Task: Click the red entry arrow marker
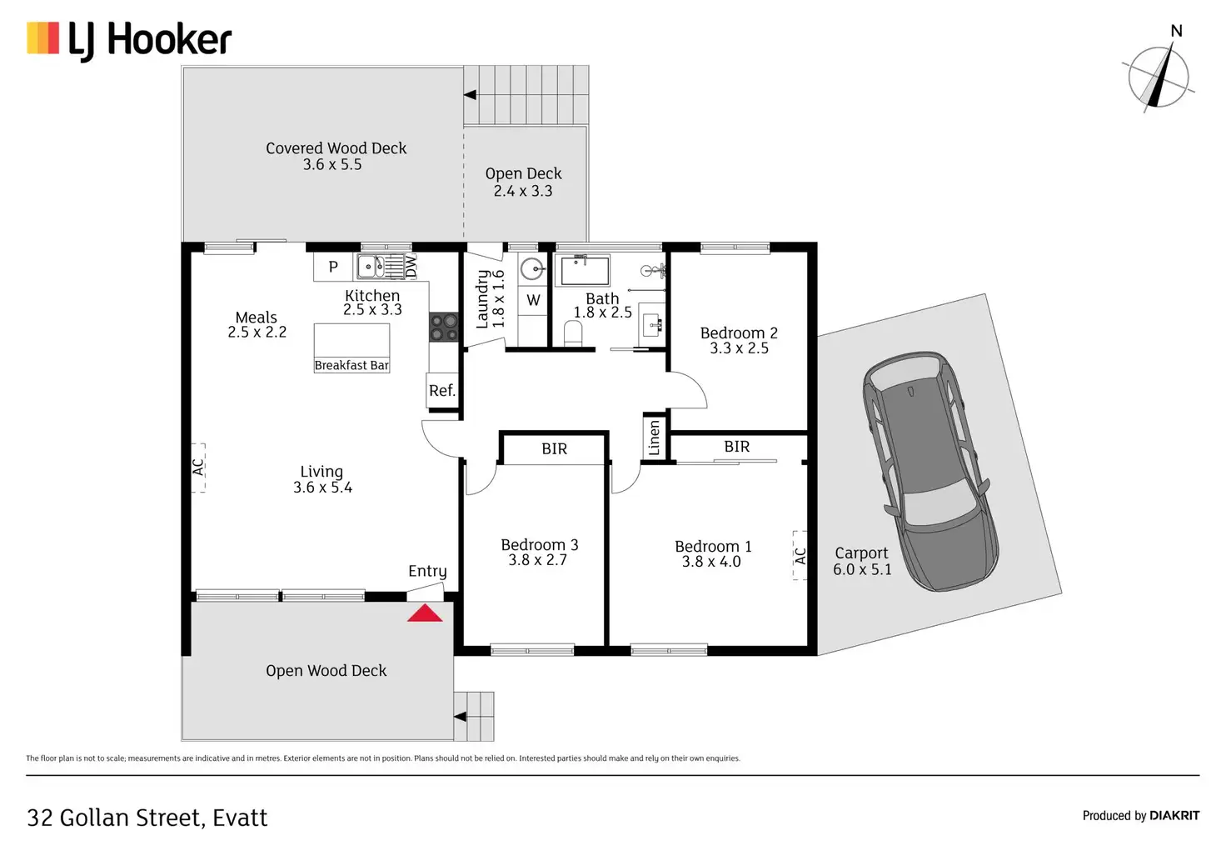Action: [x=425, y=613]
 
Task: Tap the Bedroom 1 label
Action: [x=712, y=553]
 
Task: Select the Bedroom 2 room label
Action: [x=739, y=340]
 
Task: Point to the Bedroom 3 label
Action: [x=539, y=552]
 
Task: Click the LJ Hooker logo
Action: [x=130, y=40]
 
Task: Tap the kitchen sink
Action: [x=371, y=267]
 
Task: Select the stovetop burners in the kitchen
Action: [x=444, y=327]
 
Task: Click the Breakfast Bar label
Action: [x=351, y=365]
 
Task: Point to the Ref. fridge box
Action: [x=442, y=390]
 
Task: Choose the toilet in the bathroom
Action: [x=573, y=334]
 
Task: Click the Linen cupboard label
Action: [x=655, y=438]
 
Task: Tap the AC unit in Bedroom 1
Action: [x=800, y=555]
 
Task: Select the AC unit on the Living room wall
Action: [x=198, y=468]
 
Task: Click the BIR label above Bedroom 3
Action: [x=554, y=449]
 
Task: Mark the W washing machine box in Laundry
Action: [x=533, y=300]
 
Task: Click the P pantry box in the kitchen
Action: [x=333, y=267]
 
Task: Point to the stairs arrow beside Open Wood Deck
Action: [x=460, y=716]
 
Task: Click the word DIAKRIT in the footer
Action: [x=1174, y=815]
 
